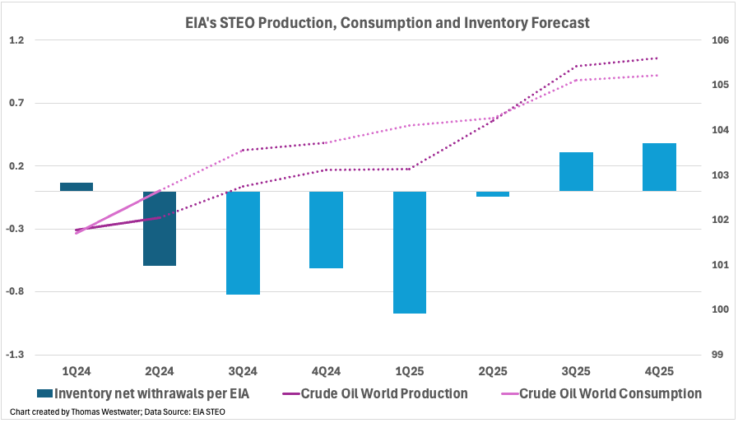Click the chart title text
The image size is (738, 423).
pyautogui.click(x=369, y=23)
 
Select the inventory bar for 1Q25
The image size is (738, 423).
pyautogui.click(x=409, y=252)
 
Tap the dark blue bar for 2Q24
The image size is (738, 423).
pyautogui.click(x=160, y=228)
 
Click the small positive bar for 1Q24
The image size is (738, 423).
pyautogui.click(x=77, y=187)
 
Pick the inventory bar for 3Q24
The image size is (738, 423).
pyautogui.click(x=243, y=243)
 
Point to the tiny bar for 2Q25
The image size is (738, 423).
pyautogui.click(x=492, y=194)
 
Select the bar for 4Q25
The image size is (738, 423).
pyautogui.click(x=659, y=167)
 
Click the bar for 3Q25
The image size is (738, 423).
pyautogui.click(x=576, y=172)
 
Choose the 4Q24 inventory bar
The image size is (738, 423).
pyautogui.click(x=326, y=230)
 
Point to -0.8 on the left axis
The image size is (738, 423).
pyautogui.click(x=16, y=291)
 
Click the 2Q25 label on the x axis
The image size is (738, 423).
pyautogui.click(x=492, y=373)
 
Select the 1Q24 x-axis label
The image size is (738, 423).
pyautogui.click(x=77, y=373)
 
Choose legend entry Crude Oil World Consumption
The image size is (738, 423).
pyautogui.click(x=610, y=393)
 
